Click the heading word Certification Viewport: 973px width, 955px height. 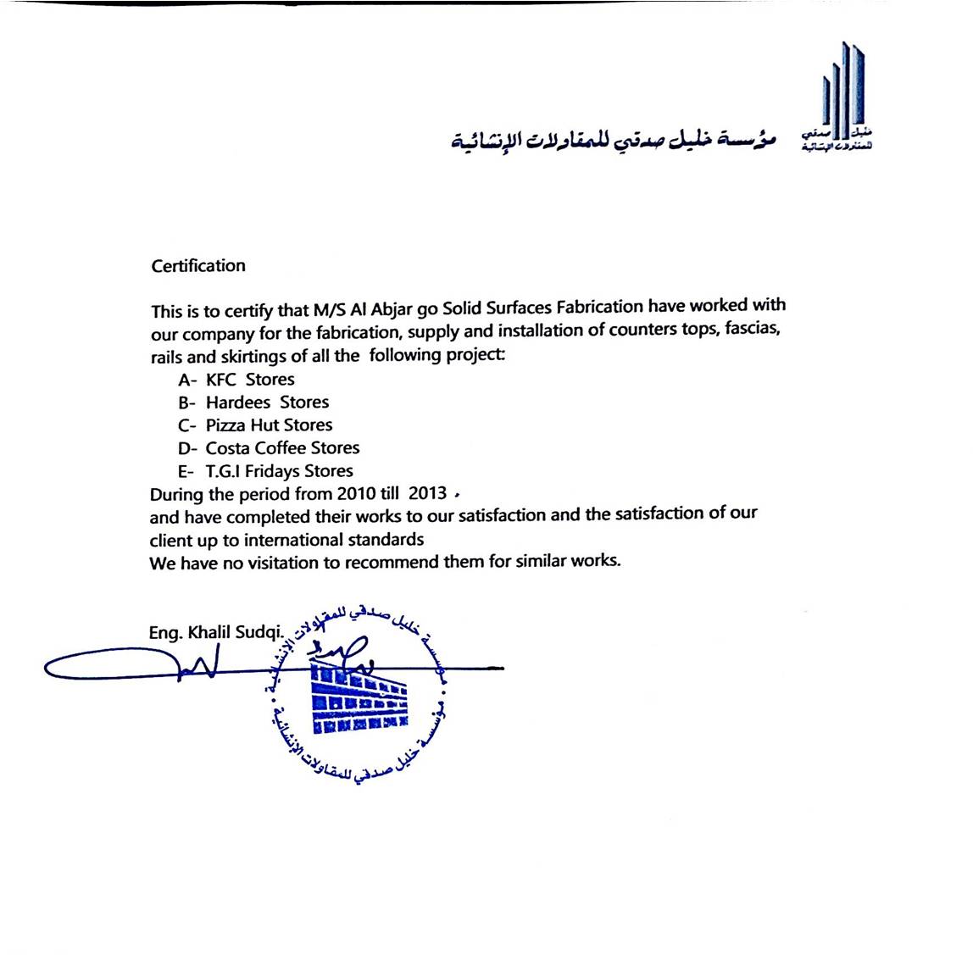[198, 266]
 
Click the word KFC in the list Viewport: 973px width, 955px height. [221, 380]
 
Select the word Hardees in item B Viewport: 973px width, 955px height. [238, 403]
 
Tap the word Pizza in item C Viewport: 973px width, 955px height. [225, 425]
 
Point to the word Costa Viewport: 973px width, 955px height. [227, 448]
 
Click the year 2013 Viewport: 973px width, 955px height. [427, 493]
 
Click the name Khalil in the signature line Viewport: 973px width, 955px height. [209, 632]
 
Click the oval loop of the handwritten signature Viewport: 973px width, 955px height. [106, 667]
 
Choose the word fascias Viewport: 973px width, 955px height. [751, 329]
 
